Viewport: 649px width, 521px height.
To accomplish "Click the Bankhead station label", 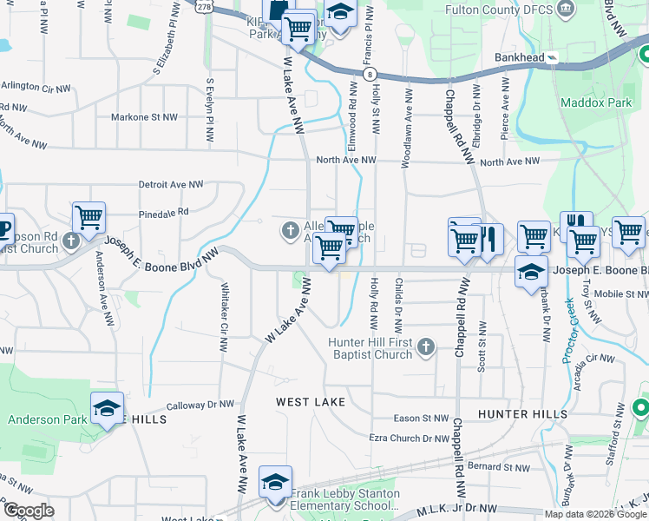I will [519, 57].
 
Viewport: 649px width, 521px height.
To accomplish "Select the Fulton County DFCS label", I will [498, 10].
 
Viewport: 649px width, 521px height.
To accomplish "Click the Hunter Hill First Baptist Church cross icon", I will [424, 347].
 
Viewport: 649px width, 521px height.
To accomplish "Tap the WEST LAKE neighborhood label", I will [311, 402].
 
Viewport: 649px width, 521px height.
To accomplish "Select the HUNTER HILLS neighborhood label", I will [521, 415].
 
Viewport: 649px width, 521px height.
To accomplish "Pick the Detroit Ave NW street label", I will [171, 185].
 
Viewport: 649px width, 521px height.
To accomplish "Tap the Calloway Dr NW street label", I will [200, 405].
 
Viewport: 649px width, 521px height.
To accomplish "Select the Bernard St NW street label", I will [494, 466].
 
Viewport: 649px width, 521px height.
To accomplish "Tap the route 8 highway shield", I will [370, 76].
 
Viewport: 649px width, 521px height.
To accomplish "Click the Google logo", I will [29, 511].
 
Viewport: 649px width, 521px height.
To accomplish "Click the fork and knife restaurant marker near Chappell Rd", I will [489, 240].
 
